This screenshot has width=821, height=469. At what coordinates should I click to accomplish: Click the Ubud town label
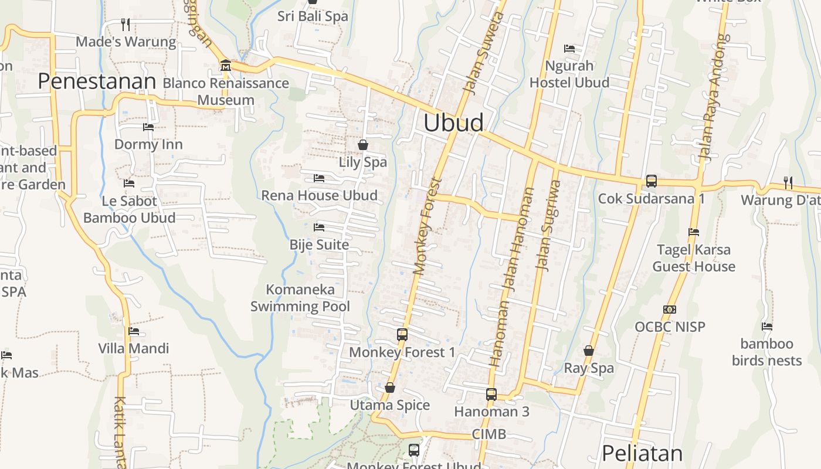(453, 123)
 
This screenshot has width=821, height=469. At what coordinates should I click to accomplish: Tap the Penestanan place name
(97, 81)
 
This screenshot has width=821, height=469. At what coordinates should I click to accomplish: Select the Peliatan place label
(642, 453)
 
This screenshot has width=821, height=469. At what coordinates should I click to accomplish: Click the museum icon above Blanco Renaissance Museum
(225, 65)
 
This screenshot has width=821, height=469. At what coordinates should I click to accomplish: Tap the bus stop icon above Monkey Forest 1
(402, 335)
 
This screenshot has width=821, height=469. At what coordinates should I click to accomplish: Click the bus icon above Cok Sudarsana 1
(651, 181)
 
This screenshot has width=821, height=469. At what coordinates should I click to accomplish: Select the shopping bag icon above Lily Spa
(363, 144)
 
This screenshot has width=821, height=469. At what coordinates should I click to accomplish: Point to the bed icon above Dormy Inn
(148, 127)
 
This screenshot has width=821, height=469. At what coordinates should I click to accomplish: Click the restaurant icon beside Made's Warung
(125, 25)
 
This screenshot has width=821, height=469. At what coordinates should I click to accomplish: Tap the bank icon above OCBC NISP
(670, 309)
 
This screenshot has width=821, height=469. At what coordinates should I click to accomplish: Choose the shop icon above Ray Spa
(589, 351)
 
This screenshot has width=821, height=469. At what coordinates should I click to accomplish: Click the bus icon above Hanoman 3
(491, 395)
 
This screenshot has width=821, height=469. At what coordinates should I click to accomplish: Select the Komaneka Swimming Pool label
(300, 298)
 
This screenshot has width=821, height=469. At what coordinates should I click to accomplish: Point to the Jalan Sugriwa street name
(549, 226)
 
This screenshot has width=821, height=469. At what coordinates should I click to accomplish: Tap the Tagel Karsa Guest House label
(694, 258)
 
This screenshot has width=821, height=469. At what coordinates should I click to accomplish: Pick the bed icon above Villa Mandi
(134, 331)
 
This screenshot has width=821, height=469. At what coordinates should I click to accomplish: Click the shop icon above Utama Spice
(390, 388)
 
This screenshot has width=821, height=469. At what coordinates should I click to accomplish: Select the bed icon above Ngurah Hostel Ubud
(569, 48)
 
